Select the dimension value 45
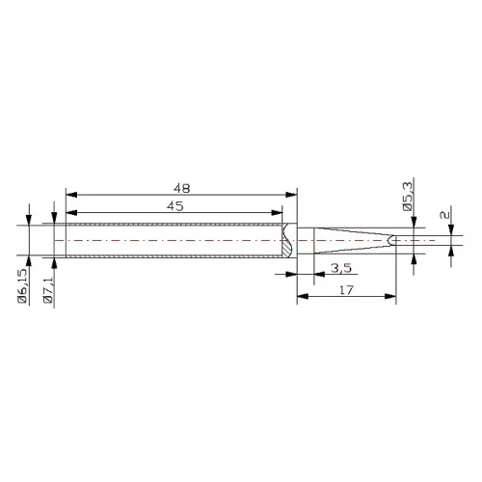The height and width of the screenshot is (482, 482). point(174,205)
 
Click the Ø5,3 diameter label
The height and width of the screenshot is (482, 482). point(408,198)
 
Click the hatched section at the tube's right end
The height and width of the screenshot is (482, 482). point(288,240)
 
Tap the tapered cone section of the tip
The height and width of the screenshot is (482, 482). point(352,239)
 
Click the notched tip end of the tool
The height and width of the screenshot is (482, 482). point(390,239)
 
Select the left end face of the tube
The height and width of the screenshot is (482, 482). point(64,240)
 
